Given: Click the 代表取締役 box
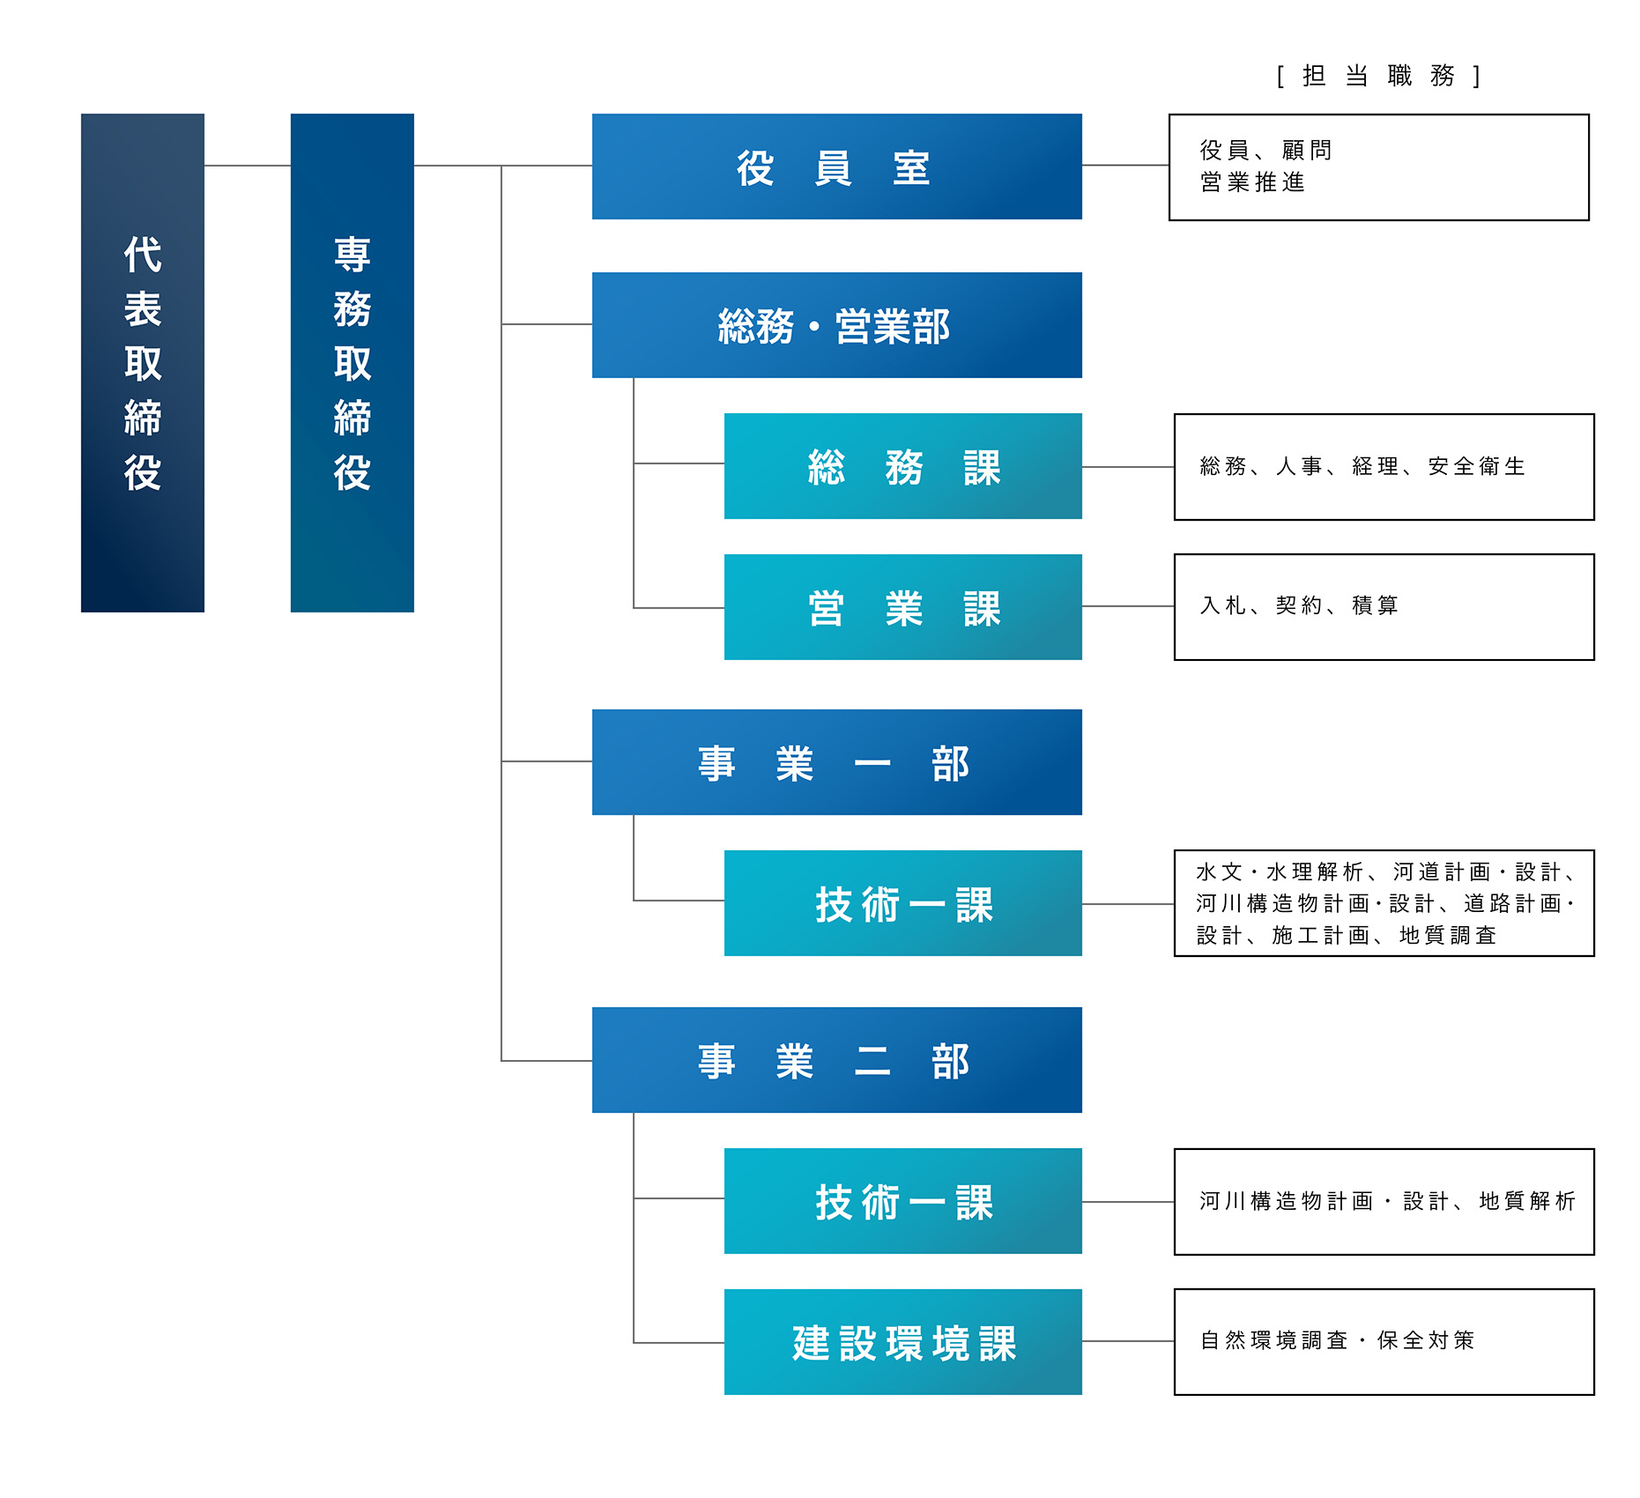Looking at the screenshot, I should (142, 362).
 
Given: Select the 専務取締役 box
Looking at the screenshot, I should (352, 362).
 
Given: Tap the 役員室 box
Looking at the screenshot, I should (836, 167).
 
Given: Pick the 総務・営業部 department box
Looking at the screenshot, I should (836, 325).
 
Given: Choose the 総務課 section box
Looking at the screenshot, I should (902, 466).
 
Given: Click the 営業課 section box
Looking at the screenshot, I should (902, 607).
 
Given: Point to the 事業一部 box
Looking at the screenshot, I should (836, 762).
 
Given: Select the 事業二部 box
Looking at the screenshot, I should (836, 1060).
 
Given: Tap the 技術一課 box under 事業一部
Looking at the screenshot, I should (902, 903).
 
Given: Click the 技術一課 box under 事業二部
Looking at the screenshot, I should (902, 1201).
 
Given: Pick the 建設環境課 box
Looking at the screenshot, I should (902, 1342).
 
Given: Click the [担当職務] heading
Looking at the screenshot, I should (1378, 76).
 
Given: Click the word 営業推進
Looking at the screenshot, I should (1252, 182).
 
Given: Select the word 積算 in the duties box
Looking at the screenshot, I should (1375, 605).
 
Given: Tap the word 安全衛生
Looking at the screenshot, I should (1476, 466).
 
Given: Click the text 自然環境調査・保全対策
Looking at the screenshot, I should (1337, 1340).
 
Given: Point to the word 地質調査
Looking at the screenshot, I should (1447, 935).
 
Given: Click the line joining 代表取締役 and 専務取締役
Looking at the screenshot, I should (248, 166).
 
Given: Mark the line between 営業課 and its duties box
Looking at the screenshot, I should (1128, 606).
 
